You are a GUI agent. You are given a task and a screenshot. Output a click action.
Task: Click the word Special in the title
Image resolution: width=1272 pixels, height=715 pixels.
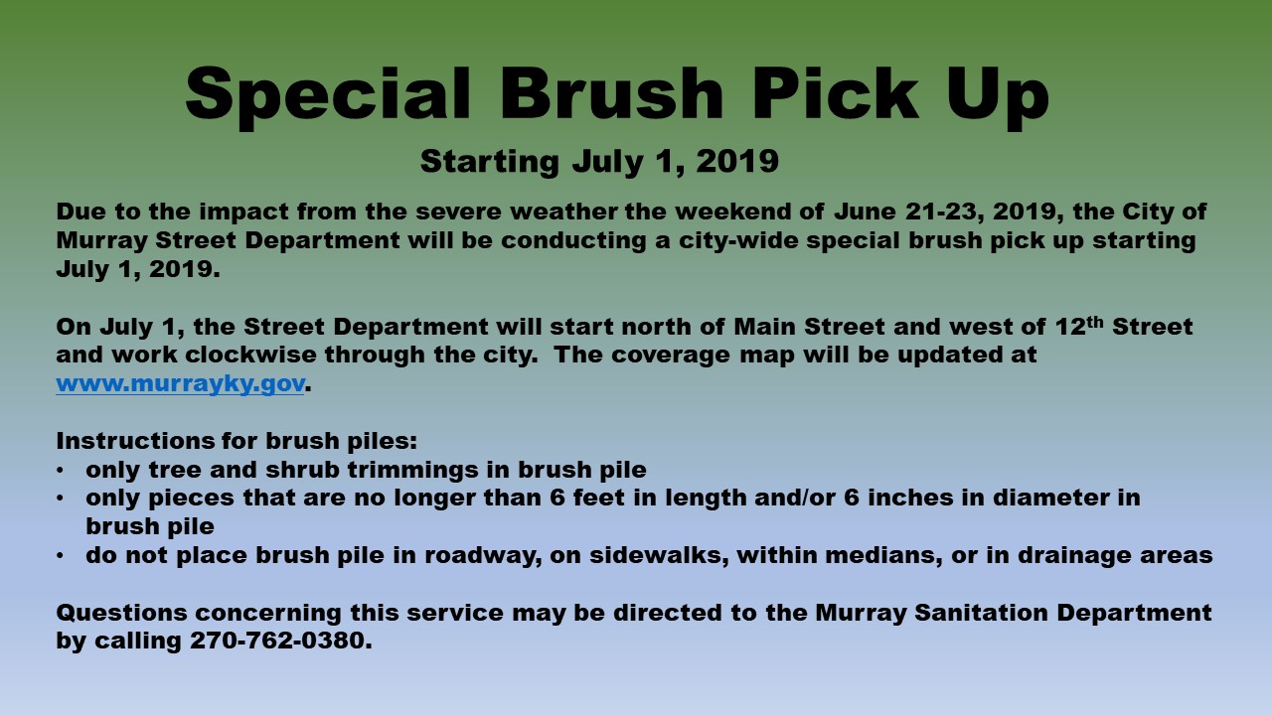tap(328, 94)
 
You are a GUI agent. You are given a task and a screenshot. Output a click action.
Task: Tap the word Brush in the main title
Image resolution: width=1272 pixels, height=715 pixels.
tap(611, 93)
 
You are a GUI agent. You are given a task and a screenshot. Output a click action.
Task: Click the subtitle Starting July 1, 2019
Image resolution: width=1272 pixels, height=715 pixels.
tap(599, 162)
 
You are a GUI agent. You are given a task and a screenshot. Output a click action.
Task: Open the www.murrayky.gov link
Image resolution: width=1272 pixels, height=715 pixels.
tap(181, 384)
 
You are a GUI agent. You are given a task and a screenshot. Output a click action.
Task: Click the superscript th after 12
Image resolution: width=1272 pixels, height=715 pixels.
tap(1095, 322)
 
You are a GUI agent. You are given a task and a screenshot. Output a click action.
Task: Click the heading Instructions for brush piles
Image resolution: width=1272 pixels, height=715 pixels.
tap(237, 442)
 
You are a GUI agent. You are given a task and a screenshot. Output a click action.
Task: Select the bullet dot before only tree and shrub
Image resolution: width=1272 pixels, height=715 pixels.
tap(60, 471)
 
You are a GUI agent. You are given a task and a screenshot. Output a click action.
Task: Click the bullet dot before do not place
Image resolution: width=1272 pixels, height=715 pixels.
tap(60, 556)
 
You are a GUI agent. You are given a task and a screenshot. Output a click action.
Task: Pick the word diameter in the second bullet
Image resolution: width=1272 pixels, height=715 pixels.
tap(1050, 499)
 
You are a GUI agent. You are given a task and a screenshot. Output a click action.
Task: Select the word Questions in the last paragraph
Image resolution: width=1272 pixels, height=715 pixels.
tap(121, 613)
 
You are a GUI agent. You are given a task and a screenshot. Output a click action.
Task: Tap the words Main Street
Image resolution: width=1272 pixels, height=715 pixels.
tap(809, 327)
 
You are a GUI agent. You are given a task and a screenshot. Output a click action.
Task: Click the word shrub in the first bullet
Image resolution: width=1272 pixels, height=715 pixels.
tap(302, 470)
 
